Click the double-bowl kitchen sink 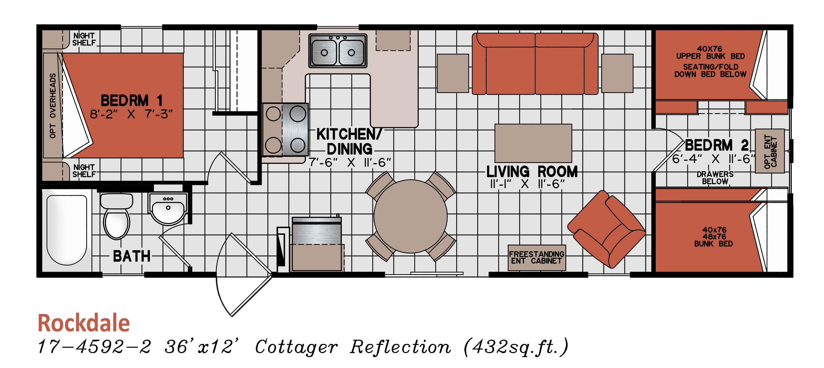[338, 51]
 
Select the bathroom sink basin [168, 209]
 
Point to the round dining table [410, 216]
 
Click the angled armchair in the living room [606, 229]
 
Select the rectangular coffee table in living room [533, 143]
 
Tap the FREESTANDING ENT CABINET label [537, 258]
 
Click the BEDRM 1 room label [132, 101]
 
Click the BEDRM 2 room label [716, 145]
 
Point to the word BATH [132, 256]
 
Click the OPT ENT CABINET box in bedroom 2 [770, 151]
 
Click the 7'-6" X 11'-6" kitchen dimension [350, 162]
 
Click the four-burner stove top [285, 130]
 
